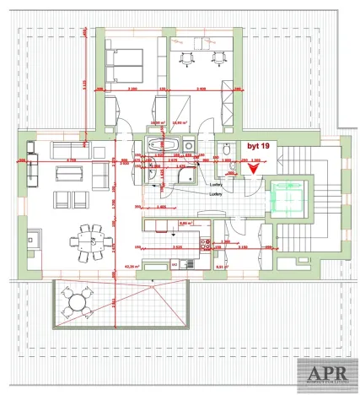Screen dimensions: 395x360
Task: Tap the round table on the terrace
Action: click(78, 301)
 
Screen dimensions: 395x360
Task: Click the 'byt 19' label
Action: click(259, 146)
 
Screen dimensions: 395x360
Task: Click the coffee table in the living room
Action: click(67, 173)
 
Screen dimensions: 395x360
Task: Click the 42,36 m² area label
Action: click(131, 266)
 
